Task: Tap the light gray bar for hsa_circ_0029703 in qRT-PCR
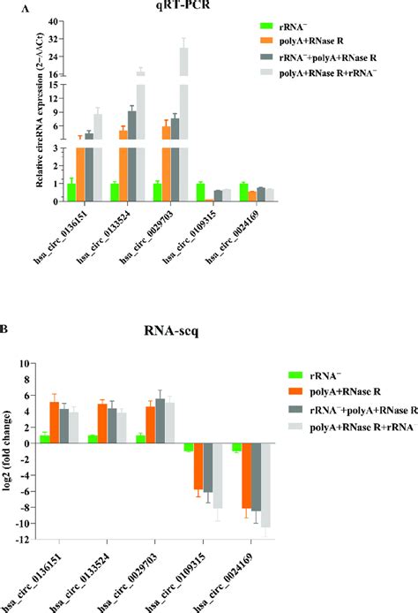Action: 184,124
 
